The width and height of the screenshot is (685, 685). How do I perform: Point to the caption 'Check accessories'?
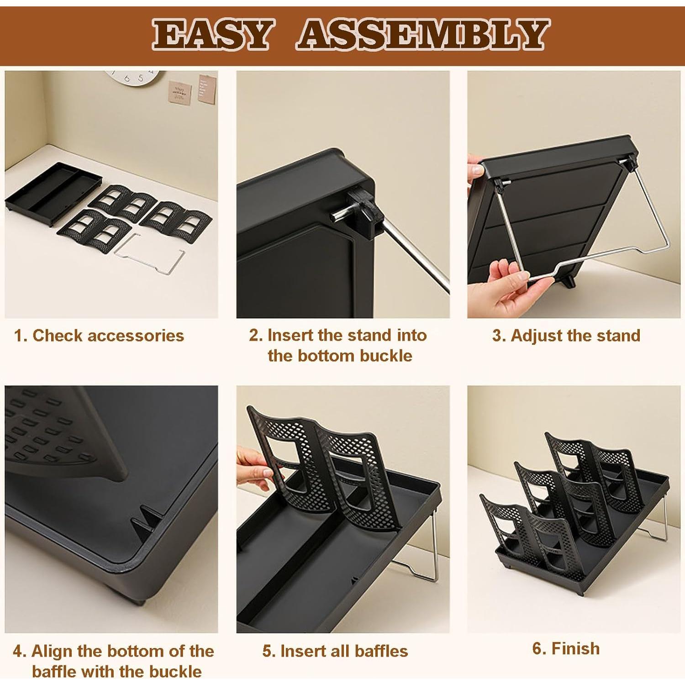pos(108,336)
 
